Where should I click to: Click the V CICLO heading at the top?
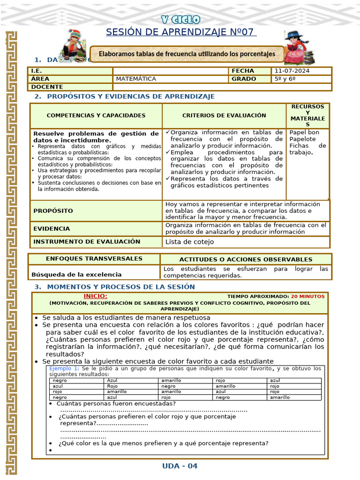click(x=180, y=19)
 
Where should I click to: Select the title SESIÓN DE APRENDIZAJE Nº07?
click(x=180, y=32)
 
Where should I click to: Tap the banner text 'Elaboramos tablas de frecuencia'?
click(x=187, y=54)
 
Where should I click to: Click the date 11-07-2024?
click(x=292, y=71)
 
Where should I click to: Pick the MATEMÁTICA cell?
click(x=136, y=79)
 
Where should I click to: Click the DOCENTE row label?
click(x=46, y=87)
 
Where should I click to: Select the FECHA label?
click(x=242, y=71)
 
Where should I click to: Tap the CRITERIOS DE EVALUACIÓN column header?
click(x=224, y=115)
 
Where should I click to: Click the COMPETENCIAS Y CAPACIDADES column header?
click(x=96, y=115)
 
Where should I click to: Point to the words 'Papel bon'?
click(x=304, y=132)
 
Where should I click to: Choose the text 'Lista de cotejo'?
click(x=189, y=242)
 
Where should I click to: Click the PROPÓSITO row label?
click(x=53, y=211)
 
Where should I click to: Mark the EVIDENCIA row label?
click(x=52, y=229)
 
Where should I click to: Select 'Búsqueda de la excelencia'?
click(x=76, y=274)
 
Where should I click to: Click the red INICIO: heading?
click(x=95, y=296)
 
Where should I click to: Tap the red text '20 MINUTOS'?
click(x=307, y=296)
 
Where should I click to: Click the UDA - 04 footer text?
click(x=180, y=465)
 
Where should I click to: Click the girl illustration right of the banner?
click(x=297, y=47)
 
